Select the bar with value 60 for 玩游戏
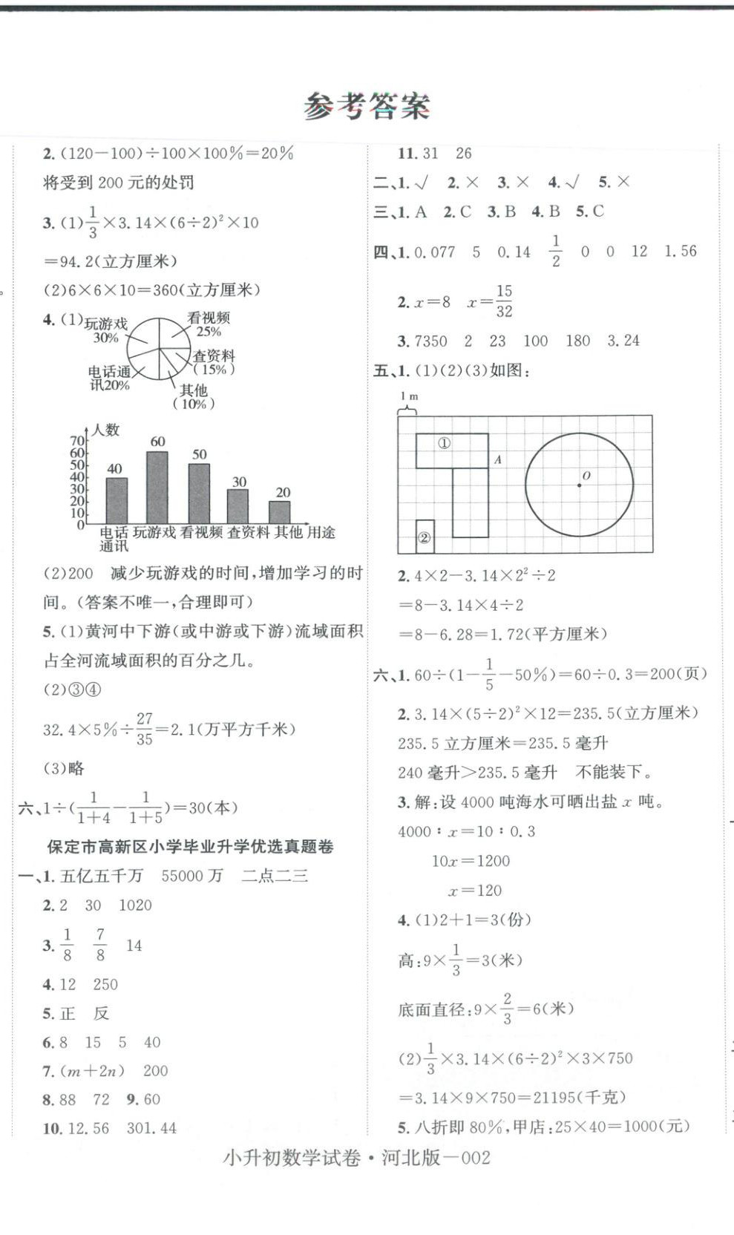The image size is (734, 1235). click(x=157, y=487)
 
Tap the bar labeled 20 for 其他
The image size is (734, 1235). click(x=280, y=512)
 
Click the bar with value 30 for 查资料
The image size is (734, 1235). click(x=238, y=506)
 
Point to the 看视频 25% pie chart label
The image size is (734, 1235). click(x=209, y=324)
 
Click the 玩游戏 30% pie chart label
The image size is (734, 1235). click(x=106, y=330)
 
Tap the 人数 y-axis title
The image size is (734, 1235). click(x=106, y=430)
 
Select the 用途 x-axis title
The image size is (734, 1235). click(x=321, y=532)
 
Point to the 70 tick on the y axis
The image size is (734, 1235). click(x=77, y=442)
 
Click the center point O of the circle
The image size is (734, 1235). click(x=580, y=485)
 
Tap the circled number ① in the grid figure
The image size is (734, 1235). click(x=444, y=443)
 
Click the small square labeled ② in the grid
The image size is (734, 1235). click(x=425, y=537)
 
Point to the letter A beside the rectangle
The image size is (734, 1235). click(x=498, y=460)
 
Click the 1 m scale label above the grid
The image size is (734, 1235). click(x=408, y=397)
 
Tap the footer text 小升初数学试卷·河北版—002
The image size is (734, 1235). click(x=356, y=1158)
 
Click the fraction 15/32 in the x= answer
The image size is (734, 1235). click(x=504, y=301)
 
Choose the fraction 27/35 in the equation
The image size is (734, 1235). click(x=145, y=729)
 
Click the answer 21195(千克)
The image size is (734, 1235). click(x=579, y=1097)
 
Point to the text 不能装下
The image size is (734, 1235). click(x=613, y=773)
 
